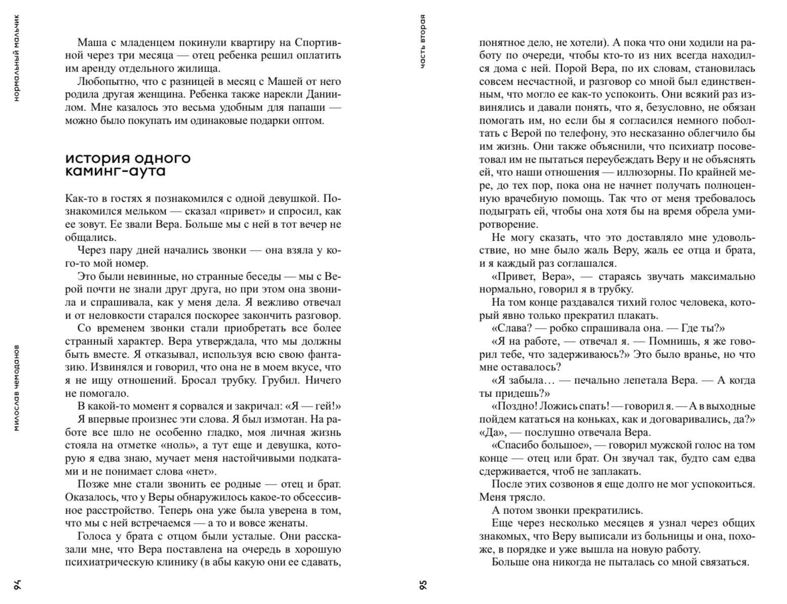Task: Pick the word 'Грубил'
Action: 279,381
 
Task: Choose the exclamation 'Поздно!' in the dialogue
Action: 515,407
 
